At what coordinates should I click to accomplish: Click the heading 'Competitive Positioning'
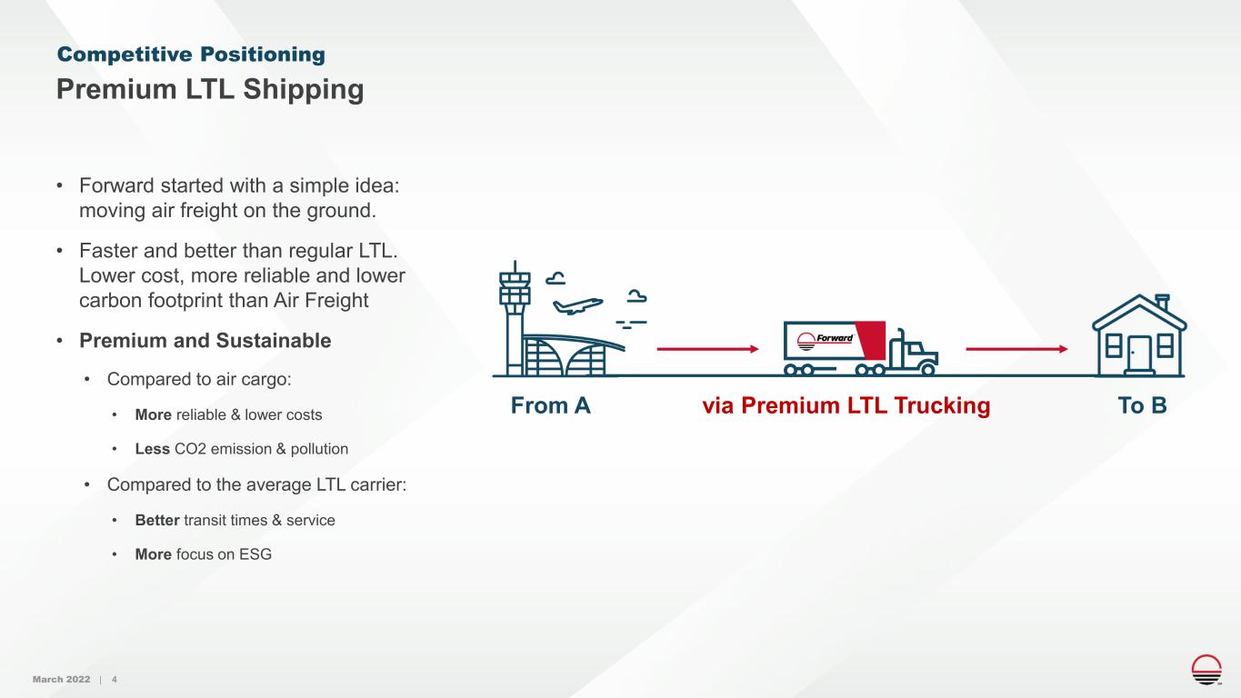click(191, 55)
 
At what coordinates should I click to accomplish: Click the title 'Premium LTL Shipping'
click(210, 89)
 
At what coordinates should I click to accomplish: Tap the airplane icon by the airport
click(578, 305)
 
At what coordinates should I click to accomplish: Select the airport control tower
click(515, 318)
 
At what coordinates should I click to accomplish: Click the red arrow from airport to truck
click(708, 349)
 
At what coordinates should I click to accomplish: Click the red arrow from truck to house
click(1016, 349)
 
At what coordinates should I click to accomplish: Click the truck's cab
click(913, 353)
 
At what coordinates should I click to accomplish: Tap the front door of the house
click(1139, 354)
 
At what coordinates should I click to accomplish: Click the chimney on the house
click(1162, 302)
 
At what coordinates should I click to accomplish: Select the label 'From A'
click(550, 405)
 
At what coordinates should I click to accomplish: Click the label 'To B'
click(1143, 405)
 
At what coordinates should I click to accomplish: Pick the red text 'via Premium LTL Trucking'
click(846, 405)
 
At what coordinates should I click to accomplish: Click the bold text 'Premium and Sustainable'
click(205, 340)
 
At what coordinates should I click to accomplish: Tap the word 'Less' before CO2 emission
click(153, 449)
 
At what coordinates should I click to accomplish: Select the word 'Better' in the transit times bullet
click(157, 520)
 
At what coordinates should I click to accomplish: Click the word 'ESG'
click(255, 554)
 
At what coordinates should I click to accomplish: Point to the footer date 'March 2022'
click(62, 679)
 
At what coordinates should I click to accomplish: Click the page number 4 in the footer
click(115, 679)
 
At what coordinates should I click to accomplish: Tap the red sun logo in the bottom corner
click(1206, 669)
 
